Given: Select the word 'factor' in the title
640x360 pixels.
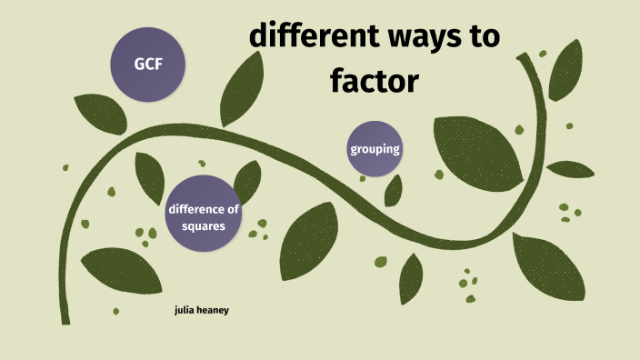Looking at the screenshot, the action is pyautogui.click(x=374, y=81).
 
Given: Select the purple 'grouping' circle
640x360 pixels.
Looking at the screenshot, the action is pyautogui.click(x=375, y=148).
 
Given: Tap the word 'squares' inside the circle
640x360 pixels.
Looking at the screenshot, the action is pyautogui.click(x=203, y=225).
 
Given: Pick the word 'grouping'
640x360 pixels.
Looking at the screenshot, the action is pyautogui.click(x=375, y=148).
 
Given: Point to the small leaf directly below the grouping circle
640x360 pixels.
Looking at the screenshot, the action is pyautogui.click(x=394, y=190).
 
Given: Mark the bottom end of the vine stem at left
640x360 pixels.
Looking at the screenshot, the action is pyautogui.click(x=65, y=320).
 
